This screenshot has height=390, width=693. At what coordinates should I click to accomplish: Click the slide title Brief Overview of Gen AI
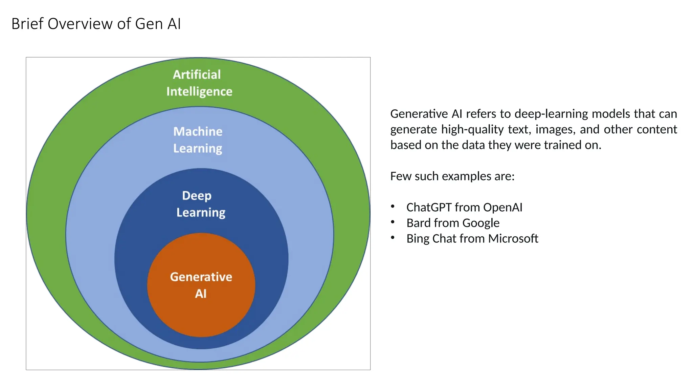tap(96, 24)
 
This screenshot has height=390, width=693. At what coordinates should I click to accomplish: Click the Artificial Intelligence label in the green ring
tap(199, 83)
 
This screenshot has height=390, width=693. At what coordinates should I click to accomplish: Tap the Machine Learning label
tap(198, 140)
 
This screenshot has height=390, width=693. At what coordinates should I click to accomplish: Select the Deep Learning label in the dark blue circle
tap(200, 204)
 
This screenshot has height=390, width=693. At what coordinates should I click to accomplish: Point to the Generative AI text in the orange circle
tap(201, 285)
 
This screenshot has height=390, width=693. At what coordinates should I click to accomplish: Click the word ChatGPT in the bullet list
tap(429, 207)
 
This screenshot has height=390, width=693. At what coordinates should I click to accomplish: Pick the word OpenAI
tap(503, 207)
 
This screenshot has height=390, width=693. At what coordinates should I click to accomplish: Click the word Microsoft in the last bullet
tap(513, 238)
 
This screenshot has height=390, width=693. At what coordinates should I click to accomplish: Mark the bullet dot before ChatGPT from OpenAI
tap(393, 206)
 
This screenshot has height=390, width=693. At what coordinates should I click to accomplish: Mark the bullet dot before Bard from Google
tap(393, 222)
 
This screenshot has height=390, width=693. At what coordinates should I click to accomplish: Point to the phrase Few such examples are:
tap(452, 176)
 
